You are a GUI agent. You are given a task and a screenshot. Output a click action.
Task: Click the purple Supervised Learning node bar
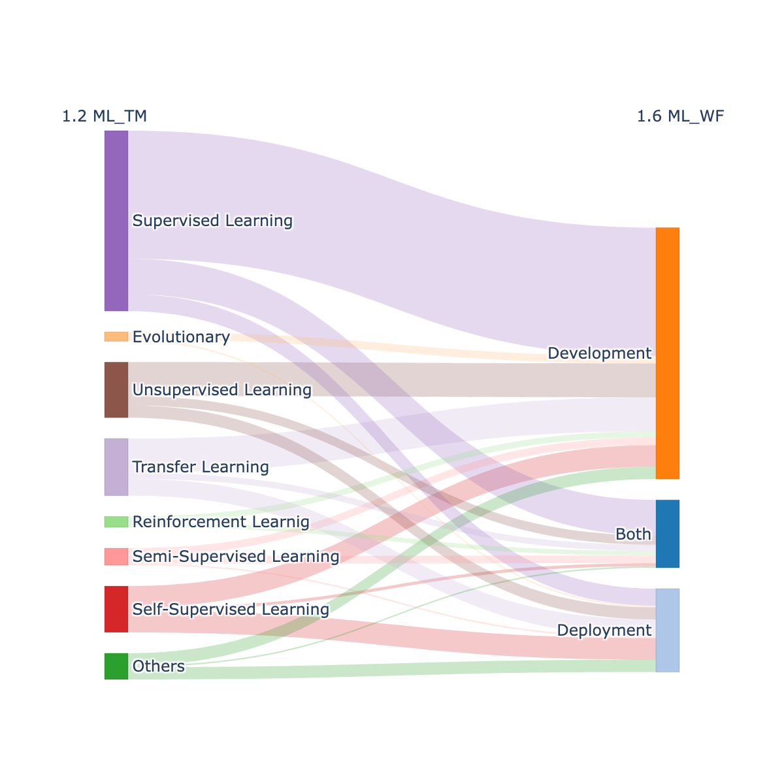click(116, 221)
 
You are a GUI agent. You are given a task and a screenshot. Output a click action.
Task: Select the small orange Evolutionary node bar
click(116, 336)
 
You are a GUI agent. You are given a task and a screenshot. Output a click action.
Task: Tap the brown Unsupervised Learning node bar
click(116, 390)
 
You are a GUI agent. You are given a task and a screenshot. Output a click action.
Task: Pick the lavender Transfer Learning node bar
click(116, 467)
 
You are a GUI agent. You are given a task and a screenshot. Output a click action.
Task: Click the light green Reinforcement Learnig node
click(116, 522)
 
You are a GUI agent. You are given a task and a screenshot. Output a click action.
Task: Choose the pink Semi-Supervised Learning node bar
click(116, 557)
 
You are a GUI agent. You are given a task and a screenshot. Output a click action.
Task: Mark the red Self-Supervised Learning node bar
click(116, 610)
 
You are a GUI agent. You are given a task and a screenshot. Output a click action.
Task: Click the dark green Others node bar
click(116, 666)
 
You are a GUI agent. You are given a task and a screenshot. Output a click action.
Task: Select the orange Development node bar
click(668, 353)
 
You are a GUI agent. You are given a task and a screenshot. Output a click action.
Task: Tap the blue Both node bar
click(668, 534)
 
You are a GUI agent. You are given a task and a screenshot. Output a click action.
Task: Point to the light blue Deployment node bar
click(668, 630)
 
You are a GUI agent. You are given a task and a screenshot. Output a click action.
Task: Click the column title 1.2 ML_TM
click(104, 116)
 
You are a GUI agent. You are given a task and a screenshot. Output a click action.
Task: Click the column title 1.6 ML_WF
click(680, 116)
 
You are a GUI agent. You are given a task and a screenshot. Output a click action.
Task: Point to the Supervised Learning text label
click(212, 221)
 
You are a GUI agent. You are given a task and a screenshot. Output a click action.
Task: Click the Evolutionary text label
click(181, 337)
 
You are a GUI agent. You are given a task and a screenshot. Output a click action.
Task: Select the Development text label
click(599, 353)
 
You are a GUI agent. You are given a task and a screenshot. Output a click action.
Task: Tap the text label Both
click(633, 534)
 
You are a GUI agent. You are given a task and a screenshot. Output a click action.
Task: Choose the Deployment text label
click(604, 630)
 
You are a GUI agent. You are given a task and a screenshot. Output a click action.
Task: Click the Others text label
click(158, 666)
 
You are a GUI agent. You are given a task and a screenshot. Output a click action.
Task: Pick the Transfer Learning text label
click(201, 467)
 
